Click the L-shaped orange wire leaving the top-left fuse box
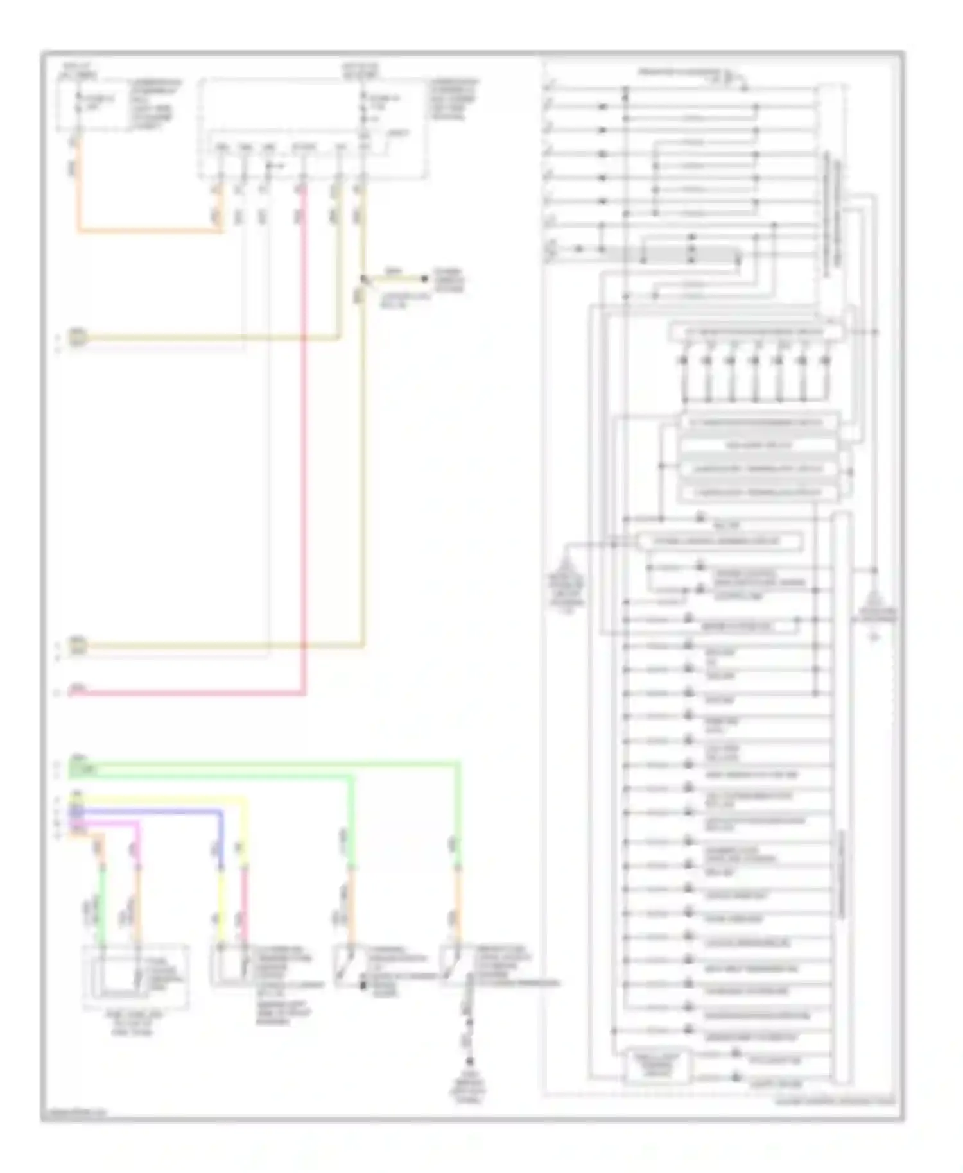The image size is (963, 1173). (x=148, y=229)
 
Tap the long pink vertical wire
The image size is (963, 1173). (x=303, y=449)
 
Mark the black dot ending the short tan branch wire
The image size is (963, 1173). (x=424, y=278)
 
